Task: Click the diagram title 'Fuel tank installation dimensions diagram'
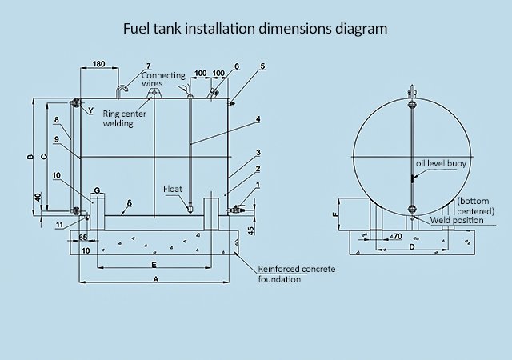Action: [255, 28]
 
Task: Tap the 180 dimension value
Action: [99, 63]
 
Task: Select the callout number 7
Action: [148, 66]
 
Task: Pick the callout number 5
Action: [263, 66]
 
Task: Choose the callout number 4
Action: [258, 120]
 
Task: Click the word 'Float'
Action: [174, 190]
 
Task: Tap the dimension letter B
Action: [30, 157]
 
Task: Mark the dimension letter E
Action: [153, 263]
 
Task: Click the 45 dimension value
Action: [250, 231]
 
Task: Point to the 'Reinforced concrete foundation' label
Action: [293, 274]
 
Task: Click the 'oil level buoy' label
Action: [440, 163]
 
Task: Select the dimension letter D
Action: [412, 247]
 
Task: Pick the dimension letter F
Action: [334, 214]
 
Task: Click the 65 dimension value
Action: [84, 238]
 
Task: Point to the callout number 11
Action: [59, 225]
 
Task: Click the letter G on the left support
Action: [96, 190]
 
